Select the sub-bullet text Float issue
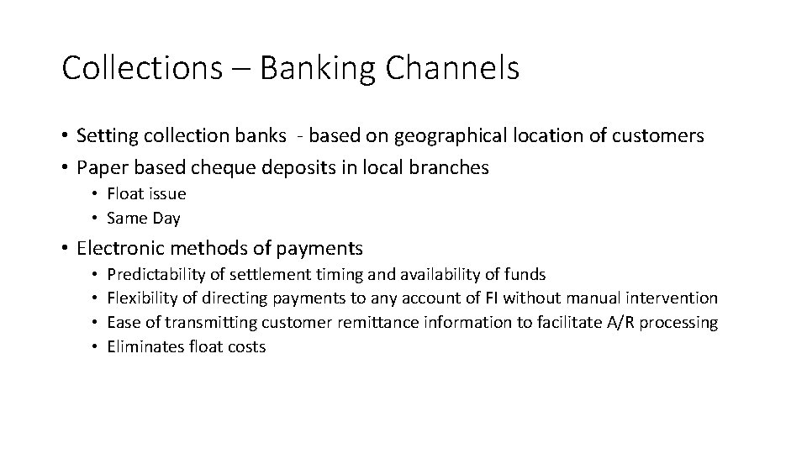click(x=146, y=194)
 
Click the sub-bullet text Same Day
click(x=144, y=219)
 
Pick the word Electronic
click(x=119, y=248)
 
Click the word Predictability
click(x=156, y=274)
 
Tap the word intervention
click(x=676, y=298)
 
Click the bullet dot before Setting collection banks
click(x=65, y=136)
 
